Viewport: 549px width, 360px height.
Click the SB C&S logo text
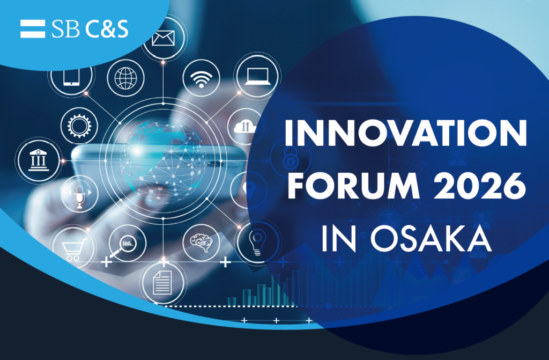point(90,29)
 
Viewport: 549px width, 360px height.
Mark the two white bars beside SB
point(32,29)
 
